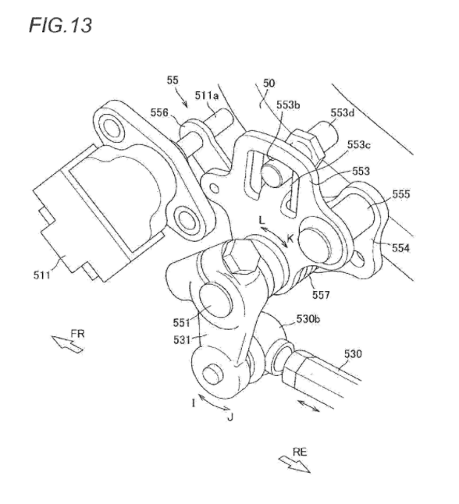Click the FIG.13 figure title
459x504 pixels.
click(x=60, y=25)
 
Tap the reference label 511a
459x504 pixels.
click(x=207, y=95)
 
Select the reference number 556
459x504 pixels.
click(x=159, y=112)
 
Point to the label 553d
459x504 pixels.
click(x=342, y=113)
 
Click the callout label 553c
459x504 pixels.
click(x=358, y=145)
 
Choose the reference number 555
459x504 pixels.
click(x=401, y=193)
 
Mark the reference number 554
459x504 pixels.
click(x=400, y=248)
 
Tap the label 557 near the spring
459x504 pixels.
click(x=321, y=294)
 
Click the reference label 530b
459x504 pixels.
click(x=308, y=319)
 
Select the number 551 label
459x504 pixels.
click(x=182, y=322)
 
